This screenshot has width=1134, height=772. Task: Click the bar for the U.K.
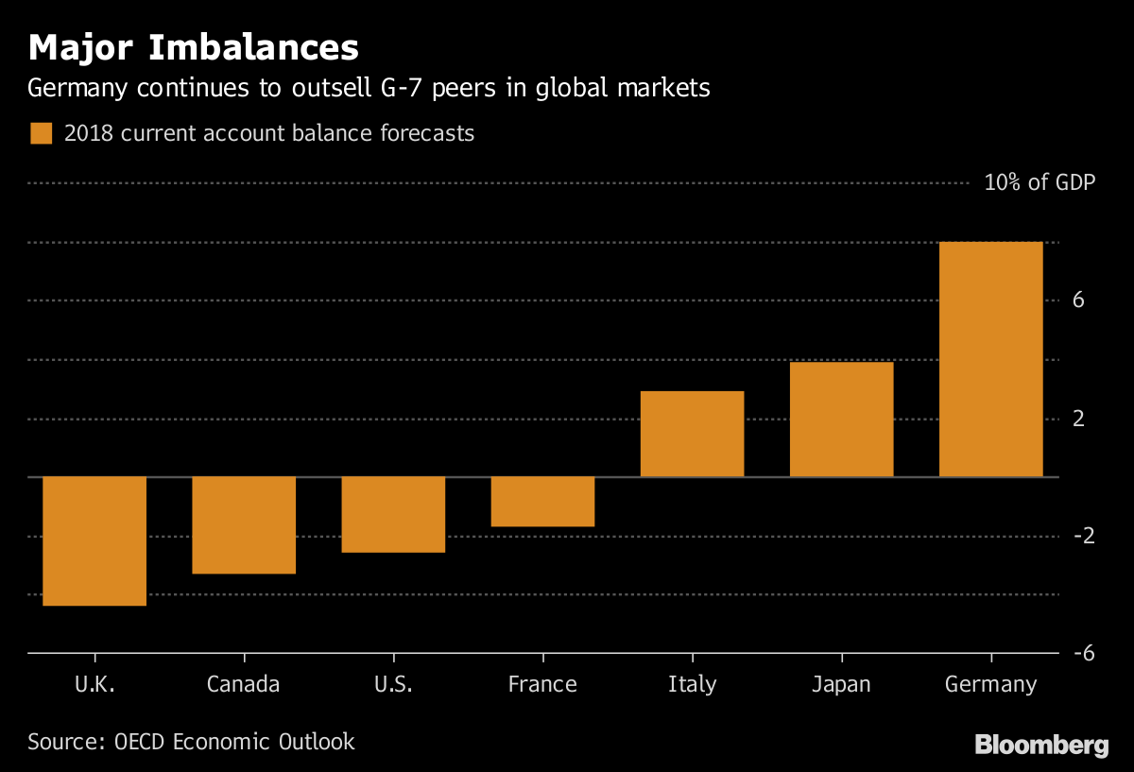coord(94,540)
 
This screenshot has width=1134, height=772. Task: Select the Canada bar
coord(244,524)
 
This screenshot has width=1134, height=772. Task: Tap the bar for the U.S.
coord(393,514)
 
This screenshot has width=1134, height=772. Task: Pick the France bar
coord(542,501)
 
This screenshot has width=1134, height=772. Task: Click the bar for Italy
coord(692,434)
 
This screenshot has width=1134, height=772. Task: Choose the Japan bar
coord(841,420)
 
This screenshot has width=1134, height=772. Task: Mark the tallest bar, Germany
coord(990,359)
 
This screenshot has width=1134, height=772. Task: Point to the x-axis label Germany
coord(990,684)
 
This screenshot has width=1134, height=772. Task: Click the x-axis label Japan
coord(841,684)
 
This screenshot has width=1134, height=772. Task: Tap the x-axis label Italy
coord(692,684)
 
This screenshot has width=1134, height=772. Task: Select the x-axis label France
coord(542,684)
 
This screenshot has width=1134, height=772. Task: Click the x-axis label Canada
coord(244,684)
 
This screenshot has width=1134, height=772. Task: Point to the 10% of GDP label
coord(1039,182)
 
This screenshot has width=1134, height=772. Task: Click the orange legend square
coord(41,133)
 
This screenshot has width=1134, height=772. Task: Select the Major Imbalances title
coord(193,47)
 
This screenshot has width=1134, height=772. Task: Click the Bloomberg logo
coord(1041,746)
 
